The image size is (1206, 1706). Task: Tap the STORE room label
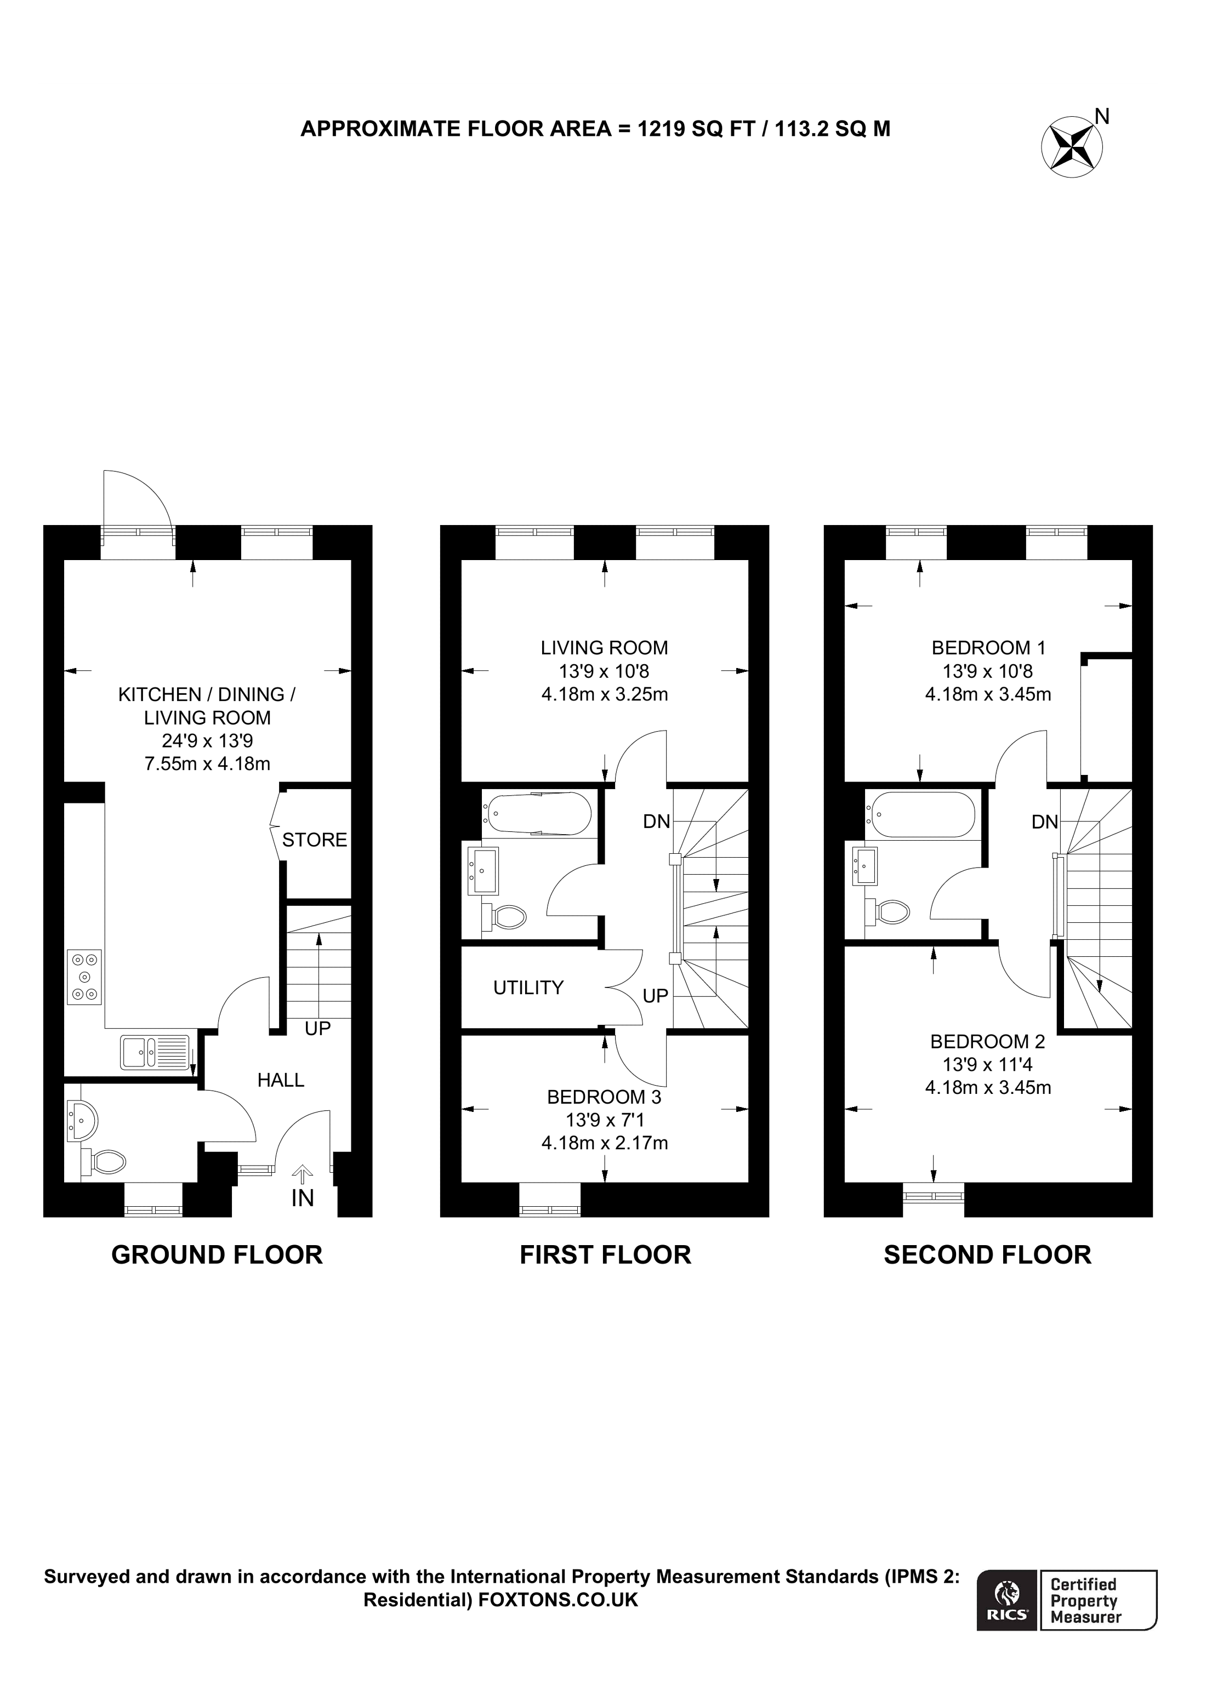[314, 840]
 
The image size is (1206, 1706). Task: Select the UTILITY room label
[528, 988]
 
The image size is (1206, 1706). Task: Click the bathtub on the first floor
[537, 814]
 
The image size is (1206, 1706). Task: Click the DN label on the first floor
[656, 822]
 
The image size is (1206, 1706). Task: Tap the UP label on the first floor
[656, 996]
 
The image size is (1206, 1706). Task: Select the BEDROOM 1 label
[988, 648]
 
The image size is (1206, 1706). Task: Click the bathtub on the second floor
[920, 814]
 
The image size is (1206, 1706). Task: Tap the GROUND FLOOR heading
[217, 1255]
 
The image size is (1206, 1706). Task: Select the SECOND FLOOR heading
[987, 1255]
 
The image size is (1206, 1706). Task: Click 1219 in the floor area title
[661, 129]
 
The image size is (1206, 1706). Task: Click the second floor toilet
[888, 912]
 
